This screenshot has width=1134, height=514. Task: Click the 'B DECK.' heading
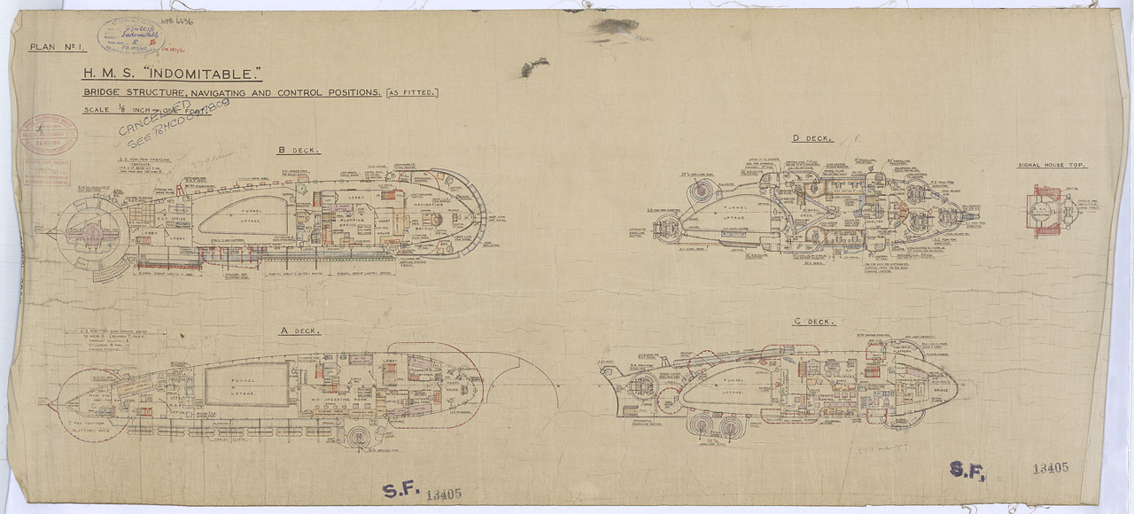pyautogui.click(x=298, y=151)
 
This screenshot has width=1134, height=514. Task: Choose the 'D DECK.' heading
pyautogui.click(x=812, y=139)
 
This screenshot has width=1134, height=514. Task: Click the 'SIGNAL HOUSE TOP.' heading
pyautogui.click(x=1052, y=166)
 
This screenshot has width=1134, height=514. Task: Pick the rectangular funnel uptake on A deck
pyautogui.click(x=247, y=386)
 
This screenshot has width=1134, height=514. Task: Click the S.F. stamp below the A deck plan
pyautogui.click(x=402, y=492)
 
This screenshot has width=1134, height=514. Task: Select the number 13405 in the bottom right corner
pyautogui.click(x=1052, y=469)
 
